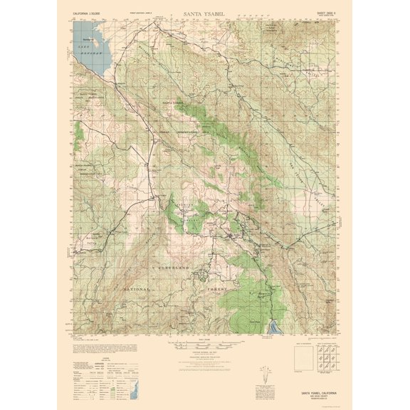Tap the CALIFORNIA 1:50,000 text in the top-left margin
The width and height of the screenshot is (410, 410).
88,12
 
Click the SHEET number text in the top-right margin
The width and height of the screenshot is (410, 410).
324,11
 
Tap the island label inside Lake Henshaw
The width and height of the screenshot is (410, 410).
89,38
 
